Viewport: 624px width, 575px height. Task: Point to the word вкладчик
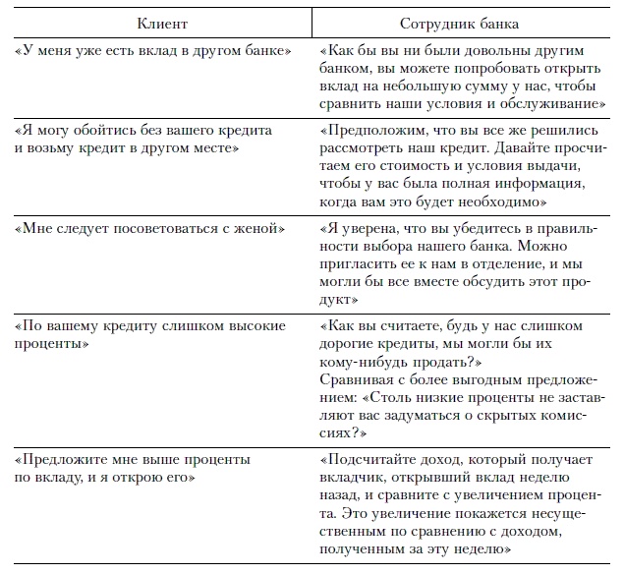(356, 477)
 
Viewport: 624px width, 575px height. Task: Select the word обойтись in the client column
(100, 129)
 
